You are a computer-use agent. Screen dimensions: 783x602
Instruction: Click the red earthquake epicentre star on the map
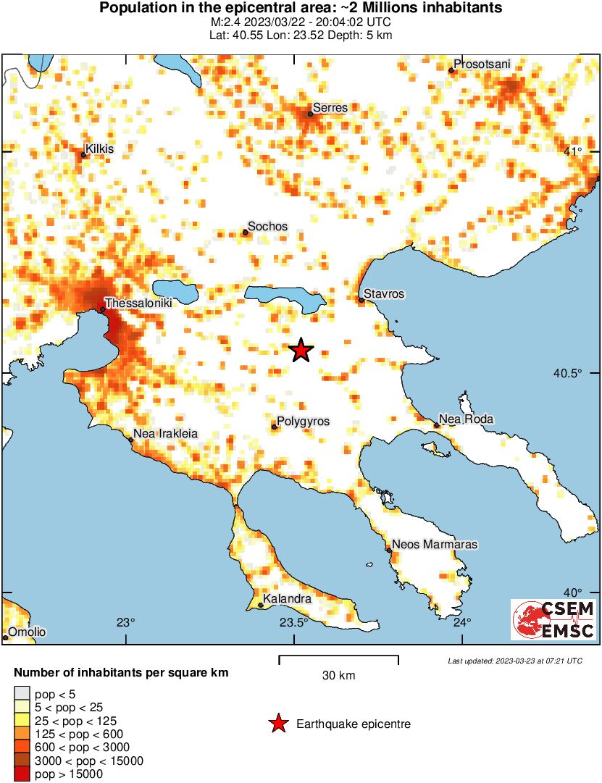tap(301, 351)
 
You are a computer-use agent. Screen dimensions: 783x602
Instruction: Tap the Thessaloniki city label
tap(138, 304)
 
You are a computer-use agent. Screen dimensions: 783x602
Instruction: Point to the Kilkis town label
tap(99, 148)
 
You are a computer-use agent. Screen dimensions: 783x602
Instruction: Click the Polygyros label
tap(304, 421)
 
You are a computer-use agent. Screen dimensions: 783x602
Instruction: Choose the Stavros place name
tap(384, 294)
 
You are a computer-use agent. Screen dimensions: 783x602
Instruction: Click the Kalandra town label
tap(288, 599)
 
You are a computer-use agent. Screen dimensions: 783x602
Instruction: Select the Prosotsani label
tap(482, 64)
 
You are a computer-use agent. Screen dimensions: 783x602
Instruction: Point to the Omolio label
tap(27, 632)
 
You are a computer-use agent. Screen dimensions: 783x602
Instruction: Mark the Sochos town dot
tap(245, 233)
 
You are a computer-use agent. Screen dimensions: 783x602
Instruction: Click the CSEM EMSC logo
tap(553, 620)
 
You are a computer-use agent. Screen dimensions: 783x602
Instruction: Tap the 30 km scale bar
tap(338, 658)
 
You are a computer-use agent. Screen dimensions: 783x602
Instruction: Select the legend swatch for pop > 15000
tap(22, 774)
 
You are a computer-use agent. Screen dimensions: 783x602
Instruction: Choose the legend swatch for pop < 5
tap(22, 694)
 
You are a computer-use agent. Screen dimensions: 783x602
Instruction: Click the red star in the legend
tap(277, 724)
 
